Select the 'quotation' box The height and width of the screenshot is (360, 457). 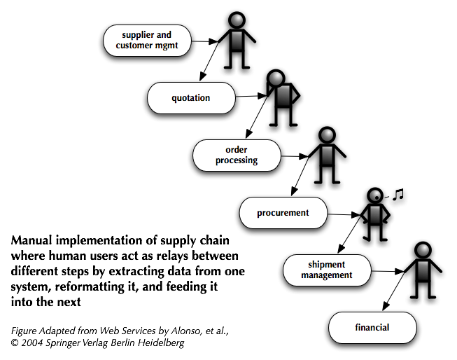coord(190,97)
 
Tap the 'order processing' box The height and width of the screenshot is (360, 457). coord(237,155)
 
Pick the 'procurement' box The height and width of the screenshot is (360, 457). coord(283,212)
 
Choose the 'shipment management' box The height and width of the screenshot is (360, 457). coord(326,270)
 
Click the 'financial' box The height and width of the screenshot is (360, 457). coord(372,327)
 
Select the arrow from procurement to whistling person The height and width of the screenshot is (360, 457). coord(343,214)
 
